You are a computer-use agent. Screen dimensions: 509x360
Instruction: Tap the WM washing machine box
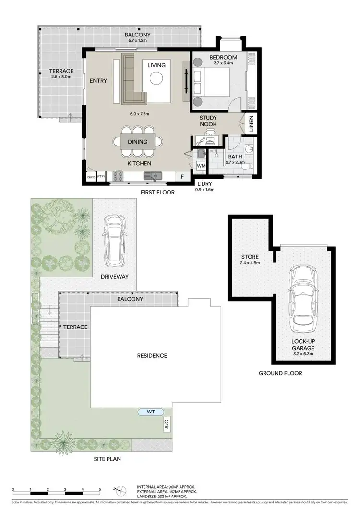[201, 166]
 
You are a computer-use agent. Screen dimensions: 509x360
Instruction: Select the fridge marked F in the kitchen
[182, 177]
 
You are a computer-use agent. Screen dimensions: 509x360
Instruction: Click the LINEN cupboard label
[251, 124]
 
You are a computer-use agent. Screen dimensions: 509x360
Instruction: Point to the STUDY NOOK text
[208, 121]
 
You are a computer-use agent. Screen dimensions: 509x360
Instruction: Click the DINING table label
[138, 142]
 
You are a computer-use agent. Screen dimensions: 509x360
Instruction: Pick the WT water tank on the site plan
[151, 412]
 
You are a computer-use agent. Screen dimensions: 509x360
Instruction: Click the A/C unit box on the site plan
[167, 424]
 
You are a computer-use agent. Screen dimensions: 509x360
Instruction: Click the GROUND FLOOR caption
[280, 373]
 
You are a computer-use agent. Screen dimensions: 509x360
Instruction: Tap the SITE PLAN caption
[107, 459]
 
